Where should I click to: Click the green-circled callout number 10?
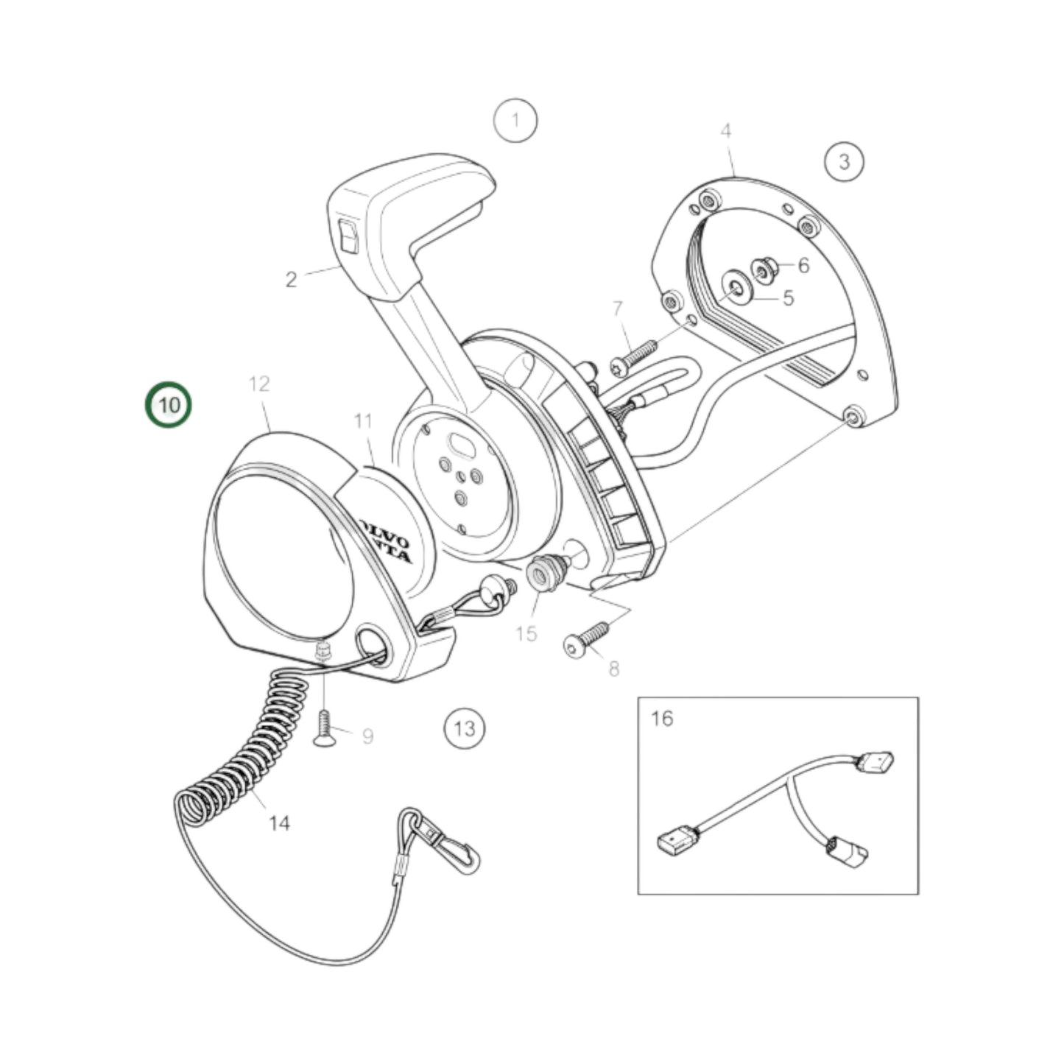coord(169,405)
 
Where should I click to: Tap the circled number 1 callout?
coord(515,120)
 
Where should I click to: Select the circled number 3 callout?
coord(844,161)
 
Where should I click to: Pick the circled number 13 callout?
coord(465,729)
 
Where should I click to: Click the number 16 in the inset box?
coord(662,718)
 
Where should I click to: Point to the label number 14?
coord(279,823)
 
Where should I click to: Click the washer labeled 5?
coord(734,286)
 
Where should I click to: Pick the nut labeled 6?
coord(763,270)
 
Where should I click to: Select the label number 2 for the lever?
coord(292,280)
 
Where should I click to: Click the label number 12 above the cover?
coord(259,384)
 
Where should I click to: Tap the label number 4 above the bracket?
coord(726,131)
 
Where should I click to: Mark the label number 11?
coord(363,422)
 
